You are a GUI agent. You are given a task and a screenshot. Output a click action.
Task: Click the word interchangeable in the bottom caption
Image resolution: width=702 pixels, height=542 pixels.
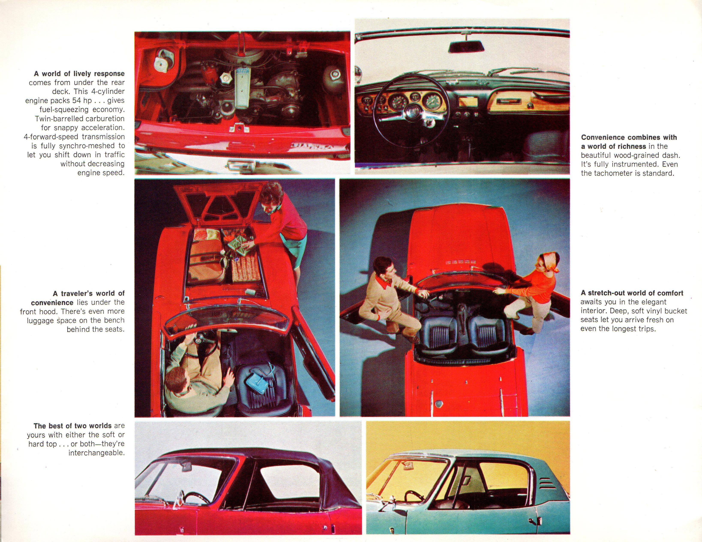coord(96,453)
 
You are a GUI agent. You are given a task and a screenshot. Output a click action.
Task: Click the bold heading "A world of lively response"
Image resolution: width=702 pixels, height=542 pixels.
coord(79,74)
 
